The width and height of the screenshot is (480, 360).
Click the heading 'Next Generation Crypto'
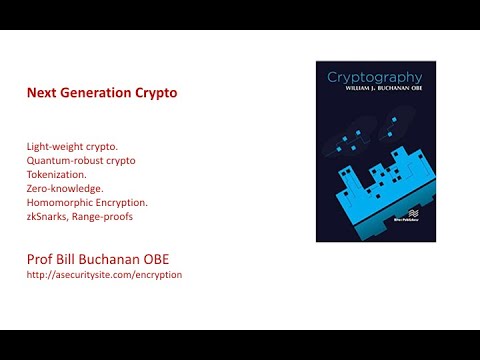101,93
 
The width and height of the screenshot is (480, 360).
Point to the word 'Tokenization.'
59,173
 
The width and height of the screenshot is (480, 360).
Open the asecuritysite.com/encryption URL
104,274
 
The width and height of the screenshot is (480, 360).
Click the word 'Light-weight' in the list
57,147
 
